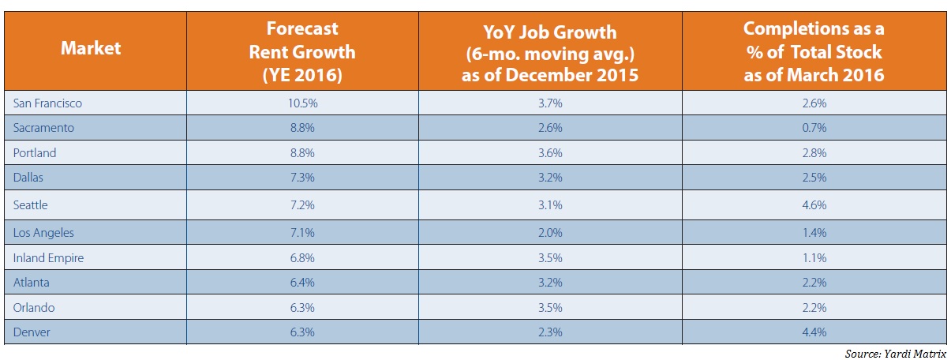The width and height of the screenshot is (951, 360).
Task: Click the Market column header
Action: point(92,48)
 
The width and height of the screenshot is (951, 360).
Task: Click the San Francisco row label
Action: point(47,103)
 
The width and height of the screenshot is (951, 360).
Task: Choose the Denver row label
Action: point(32,332)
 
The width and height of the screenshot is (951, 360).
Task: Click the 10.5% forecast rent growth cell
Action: point(302,103)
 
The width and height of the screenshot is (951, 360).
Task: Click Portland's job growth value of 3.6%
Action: point(551,152)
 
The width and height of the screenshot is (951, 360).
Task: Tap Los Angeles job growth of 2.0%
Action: point(551,233)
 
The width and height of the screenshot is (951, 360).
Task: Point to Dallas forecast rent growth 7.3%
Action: point(302,178)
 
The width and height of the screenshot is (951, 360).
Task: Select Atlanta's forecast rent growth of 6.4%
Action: point(302,283)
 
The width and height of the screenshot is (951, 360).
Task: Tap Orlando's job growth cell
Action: point(551,307)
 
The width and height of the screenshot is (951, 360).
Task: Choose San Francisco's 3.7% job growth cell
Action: point(551,103)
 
